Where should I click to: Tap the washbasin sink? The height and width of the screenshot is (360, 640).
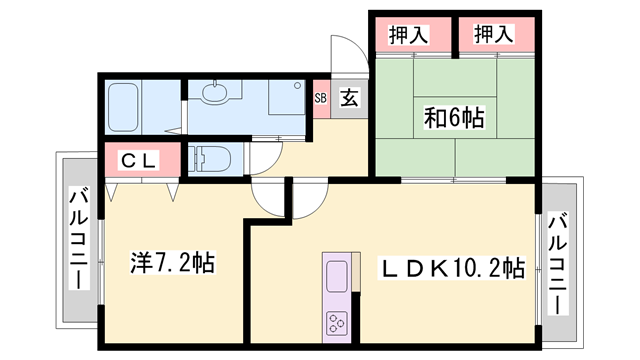click(x=215, y=94)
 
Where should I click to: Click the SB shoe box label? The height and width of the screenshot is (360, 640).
click(x=321, y=98)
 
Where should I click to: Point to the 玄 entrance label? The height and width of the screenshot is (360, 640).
click(x=349, y=98)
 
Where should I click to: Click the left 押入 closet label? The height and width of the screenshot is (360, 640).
click(x=408, y=35)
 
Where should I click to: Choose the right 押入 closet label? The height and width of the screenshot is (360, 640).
click(x=493, y=35)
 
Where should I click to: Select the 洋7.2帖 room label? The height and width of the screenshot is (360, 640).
click(x=172, y=262)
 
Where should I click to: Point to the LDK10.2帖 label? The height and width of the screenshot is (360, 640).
click(x=452, y=268)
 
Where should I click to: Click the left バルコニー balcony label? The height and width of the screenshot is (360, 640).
click(x=77, y=240)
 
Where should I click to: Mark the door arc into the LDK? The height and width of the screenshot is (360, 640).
click(x=272, y=200)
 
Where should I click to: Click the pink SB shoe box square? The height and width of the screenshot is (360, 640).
click(x=321, y=98)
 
